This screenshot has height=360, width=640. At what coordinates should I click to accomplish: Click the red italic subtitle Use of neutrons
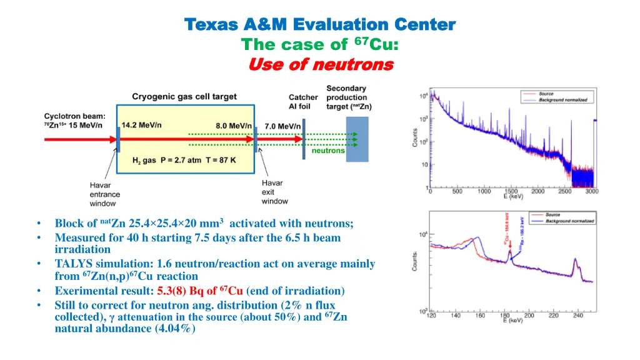click(x=321, y=64)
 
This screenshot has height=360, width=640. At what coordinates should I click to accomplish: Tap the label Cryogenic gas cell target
click(x=184, y=96)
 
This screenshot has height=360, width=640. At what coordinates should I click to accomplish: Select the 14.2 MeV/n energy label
click(x=141, y=124)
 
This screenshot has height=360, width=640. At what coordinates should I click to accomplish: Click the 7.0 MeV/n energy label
click(x=282, y=126)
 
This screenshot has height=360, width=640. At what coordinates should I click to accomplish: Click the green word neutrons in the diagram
click(x=328, y=151)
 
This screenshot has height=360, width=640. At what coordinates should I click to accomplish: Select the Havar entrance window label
click(x=103, y=194)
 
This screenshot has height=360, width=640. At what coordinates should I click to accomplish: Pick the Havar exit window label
click(x=275, y=192)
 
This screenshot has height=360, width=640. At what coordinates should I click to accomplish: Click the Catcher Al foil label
click(x=303, y=101)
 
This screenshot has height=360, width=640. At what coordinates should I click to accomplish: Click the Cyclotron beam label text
click(x=74, y=120)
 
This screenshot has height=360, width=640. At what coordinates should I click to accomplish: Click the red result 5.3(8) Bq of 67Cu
click(x=200, y=291)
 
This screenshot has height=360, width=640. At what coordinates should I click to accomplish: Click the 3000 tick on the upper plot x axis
click(x=591, y=191)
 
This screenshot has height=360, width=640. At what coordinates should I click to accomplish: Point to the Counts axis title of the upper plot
click(x=415, y=138)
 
